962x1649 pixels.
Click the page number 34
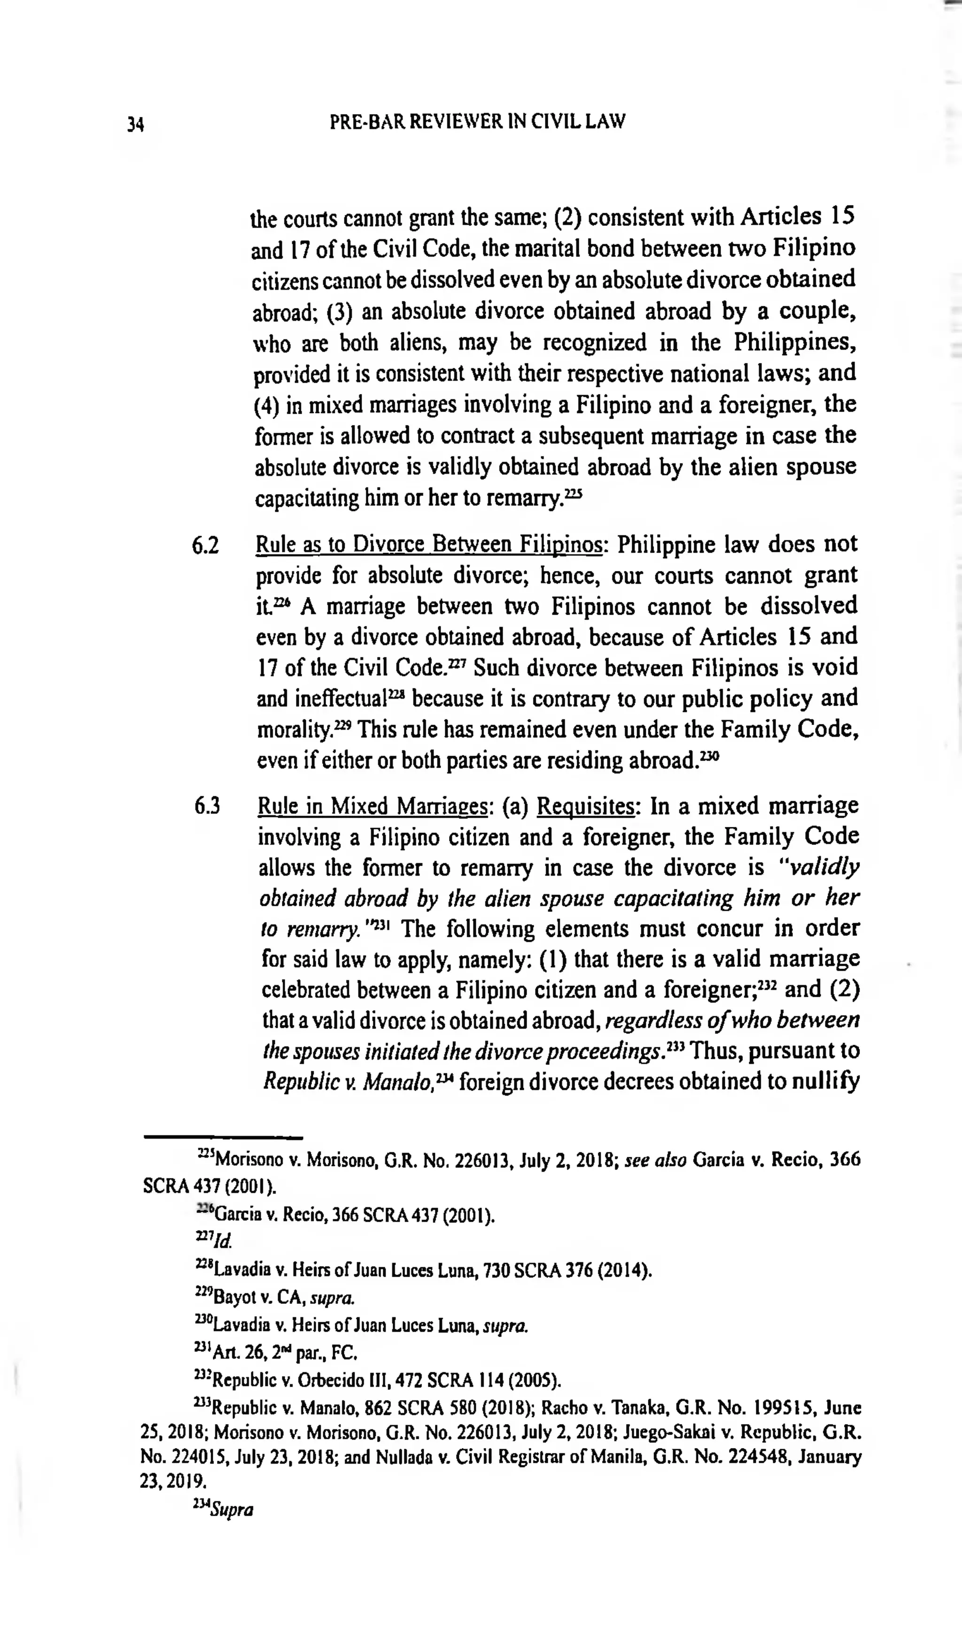coord(135,123)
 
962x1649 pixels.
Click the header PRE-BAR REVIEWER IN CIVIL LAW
coord(477,122)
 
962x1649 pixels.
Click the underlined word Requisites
coord(585,807)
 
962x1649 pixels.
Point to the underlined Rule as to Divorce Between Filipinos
coord(429,545)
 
